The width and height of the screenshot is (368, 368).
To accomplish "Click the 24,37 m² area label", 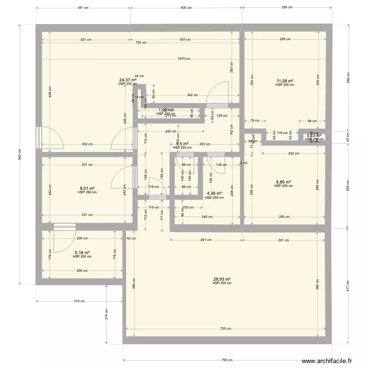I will pyautogui.click(x=128, y=80).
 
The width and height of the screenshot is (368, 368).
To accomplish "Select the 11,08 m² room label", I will pyautogui.click(x=285, y=81).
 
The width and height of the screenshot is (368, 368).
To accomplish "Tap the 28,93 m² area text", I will pyautogui.click(x=222, y=279).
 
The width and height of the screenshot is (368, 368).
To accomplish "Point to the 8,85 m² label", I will pyautogui.click(x=283, y=182).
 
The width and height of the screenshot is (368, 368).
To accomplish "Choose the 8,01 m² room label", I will pyautogui.click(x=87, y=188).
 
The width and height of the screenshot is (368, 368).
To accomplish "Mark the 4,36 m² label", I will pyautogui.click(x=214, y=194).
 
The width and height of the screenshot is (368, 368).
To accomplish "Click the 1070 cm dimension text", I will pyautogui.click(x=184, y=59).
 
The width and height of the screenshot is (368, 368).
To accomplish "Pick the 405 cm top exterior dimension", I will pyautogui.click(x=186, y=8).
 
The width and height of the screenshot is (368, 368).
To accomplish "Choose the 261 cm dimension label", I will pyautogui.click(x=205, y=240).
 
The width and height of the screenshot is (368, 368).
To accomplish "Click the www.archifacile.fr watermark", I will pyautogui.click(x=327, y=361).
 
